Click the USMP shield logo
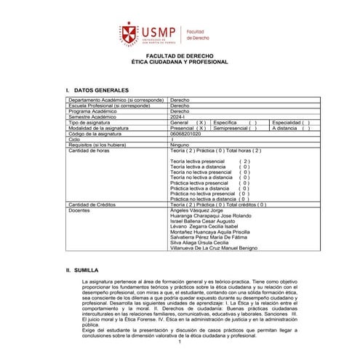click(130, 31)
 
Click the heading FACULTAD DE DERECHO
click(180, 55)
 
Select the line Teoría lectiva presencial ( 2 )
click(209, 161)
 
